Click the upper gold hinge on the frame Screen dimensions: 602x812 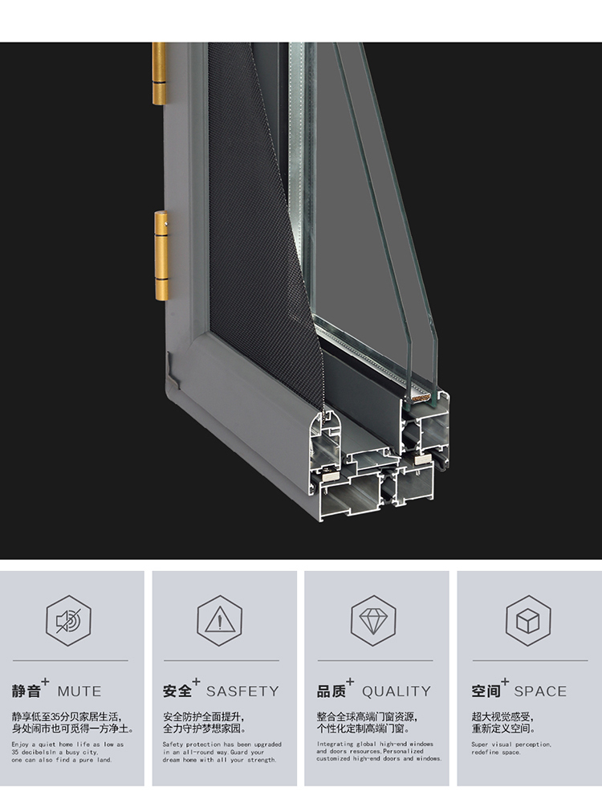point(160,74)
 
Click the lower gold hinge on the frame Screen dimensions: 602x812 point(161,256)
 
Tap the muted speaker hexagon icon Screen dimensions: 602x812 point(68,621)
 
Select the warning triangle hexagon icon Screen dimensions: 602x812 point(220,620)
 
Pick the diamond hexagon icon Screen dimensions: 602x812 point(373,620)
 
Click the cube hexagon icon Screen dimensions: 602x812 point(528,621)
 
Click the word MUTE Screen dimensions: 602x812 point(79,692)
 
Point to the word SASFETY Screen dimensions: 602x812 point(242,692)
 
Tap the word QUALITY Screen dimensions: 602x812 point(396,692)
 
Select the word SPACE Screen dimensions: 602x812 point(540,692)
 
